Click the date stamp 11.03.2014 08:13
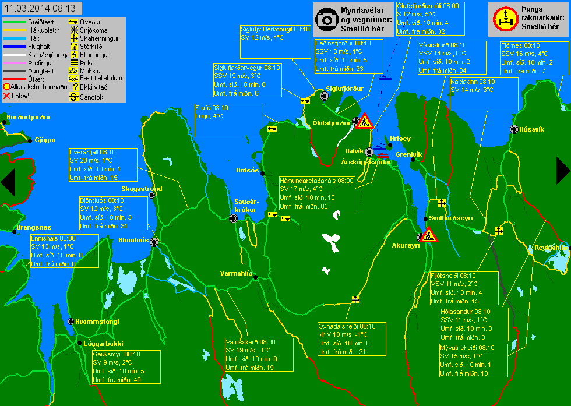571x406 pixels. point(40,8)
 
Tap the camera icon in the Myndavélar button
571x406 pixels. point(327,19)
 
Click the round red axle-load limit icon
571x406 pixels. point(506,19)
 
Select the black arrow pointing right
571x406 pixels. point(563,171)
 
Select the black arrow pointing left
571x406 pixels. point(8,182)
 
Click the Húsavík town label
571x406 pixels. point(531,129)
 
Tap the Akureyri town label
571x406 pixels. point(406,245)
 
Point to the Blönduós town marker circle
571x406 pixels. point(154,242)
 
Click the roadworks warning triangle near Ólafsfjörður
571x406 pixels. point(364,121)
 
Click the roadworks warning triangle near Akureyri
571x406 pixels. point(428,235)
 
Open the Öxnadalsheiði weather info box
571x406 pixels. point(352,339)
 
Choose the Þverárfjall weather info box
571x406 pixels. point(104,165)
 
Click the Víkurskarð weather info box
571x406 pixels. point(452,58)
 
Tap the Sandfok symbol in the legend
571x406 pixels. point(74,97)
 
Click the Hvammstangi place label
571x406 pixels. point(97,322)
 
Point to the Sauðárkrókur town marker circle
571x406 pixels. point(234,218)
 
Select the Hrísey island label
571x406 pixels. point(400,139)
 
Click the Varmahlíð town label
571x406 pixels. point(236,273)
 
